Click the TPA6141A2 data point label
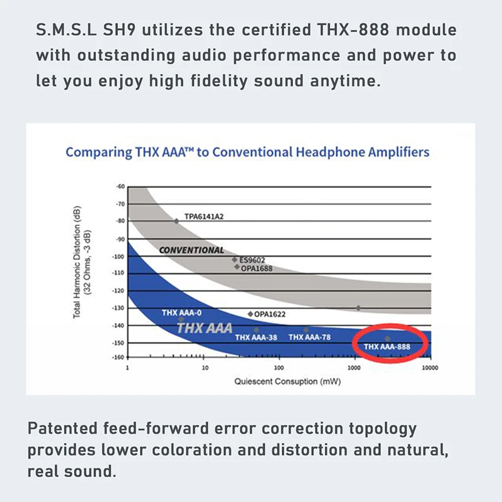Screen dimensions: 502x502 click(204, 216)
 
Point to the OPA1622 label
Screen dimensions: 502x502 click(272, 314)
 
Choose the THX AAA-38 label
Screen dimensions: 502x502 click(256, 337)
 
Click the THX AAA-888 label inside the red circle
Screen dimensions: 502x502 click(387, 346)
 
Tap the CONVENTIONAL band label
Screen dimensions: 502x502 click(191, 250)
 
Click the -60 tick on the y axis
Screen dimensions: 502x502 click(120, 186)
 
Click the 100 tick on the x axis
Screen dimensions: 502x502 click(279, 368)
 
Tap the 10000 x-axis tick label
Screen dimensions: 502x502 click(429, 368)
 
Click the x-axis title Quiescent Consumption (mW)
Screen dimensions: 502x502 click(279, 381)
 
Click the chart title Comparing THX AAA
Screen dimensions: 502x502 click(247, 152)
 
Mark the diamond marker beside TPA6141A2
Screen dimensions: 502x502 click(176, 221)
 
